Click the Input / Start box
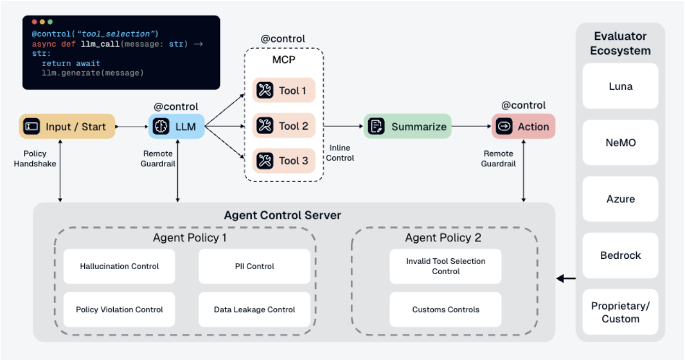pos(67,126)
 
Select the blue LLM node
pos(177,126)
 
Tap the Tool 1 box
pos(284,90)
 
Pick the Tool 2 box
pos(284,126)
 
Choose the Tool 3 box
pos(284,161)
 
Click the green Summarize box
pos(408,126)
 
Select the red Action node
pos(523,126)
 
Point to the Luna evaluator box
pos(620,86)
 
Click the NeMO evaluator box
pos(620,143)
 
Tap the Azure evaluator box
pos(620,199)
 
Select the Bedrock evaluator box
pos(620,256)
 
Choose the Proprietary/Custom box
pos(620,312)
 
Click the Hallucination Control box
pos(119,266)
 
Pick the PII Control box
pos(254,266)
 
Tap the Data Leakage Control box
pos(254,310)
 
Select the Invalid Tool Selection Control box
pos(445,266)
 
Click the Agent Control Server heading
pos(282,215)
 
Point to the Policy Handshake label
pos(35,159)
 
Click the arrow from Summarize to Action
pos(471,126)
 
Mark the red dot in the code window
pos(34,22)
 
